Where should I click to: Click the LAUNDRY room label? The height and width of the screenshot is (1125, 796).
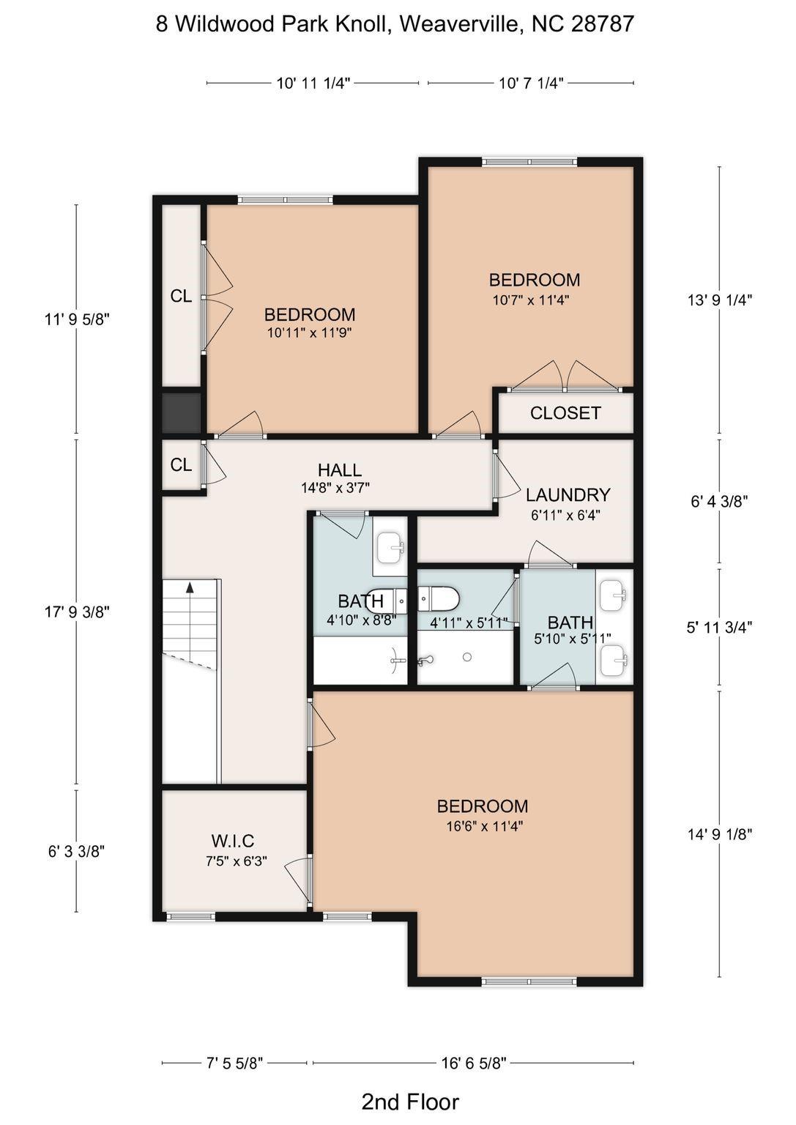(568, 495)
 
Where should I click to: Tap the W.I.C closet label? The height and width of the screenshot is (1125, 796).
(232, 841)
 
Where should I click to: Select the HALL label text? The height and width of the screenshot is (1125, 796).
(339, 470)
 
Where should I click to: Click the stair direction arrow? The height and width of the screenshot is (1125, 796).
(190, 587)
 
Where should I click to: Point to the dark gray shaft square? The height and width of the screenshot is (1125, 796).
(181, 413)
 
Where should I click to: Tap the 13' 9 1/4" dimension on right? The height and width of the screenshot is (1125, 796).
(719, 300)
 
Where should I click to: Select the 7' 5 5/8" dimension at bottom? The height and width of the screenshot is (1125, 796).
(234, 1063)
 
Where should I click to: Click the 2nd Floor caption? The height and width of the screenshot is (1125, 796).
(410, 1102)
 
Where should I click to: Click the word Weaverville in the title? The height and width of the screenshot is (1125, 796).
(461, 24)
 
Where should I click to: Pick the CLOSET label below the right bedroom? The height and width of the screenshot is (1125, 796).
(565, 413)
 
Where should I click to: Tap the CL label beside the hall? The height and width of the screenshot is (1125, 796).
(181, 465)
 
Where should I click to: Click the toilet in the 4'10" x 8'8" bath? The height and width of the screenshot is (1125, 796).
(387, 601)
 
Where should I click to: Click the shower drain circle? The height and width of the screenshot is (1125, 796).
(466, 657)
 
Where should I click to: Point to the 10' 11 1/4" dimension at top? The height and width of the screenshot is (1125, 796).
(313, 83)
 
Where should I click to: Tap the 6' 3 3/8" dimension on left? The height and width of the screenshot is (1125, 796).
(76, 852)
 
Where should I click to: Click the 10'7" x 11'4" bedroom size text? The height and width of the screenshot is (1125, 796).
(531, 300)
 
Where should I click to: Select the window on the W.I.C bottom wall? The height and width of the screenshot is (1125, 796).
(190, 916)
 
